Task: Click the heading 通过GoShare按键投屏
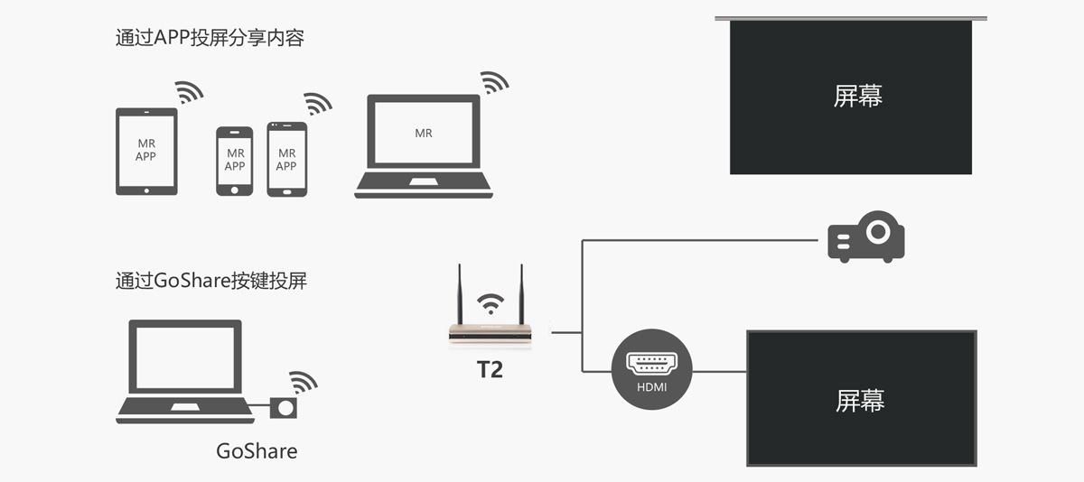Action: point(211,280)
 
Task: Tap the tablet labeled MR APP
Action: point(146,151)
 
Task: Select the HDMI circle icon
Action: point(651,366)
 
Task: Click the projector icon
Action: point(865,236)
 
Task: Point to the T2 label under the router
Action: point(490,369)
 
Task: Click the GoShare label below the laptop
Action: point(257,450)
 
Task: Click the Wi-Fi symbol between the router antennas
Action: point(491,301)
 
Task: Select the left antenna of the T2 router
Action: point(460,294)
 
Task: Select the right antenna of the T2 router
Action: point(521,294)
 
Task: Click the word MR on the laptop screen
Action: point(424,134)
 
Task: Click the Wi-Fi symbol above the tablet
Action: point(189,91)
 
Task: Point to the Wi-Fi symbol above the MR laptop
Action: point(494,82)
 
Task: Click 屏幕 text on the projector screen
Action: point(857,96)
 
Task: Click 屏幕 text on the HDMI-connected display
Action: point(860,401)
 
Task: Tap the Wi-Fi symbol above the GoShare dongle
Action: point(303,382)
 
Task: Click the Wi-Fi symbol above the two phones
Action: point(317,103)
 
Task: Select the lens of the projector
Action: point(876,231)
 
